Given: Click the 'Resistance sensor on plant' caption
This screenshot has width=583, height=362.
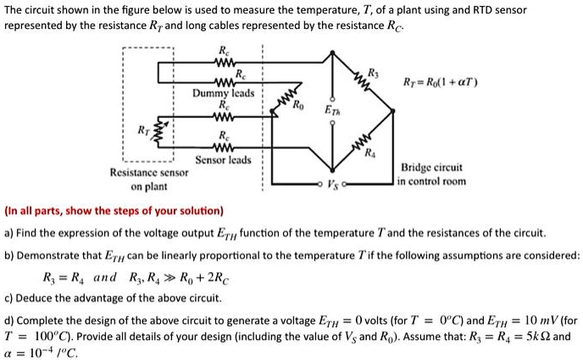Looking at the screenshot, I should [x=149, y=179].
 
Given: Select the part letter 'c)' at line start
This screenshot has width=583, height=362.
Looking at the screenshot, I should [x=8, y=298].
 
